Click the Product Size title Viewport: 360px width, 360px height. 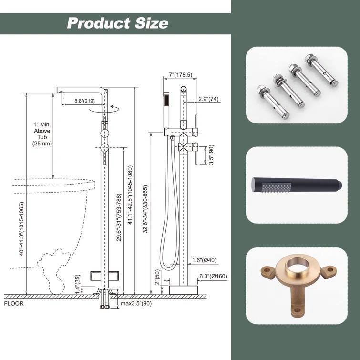[x=117, y=23]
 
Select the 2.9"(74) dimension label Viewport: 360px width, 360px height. [x=208, y=100]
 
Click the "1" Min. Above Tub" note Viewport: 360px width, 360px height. [x=42, y=130]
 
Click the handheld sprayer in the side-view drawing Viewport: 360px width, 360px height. [x=165, y=103]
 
